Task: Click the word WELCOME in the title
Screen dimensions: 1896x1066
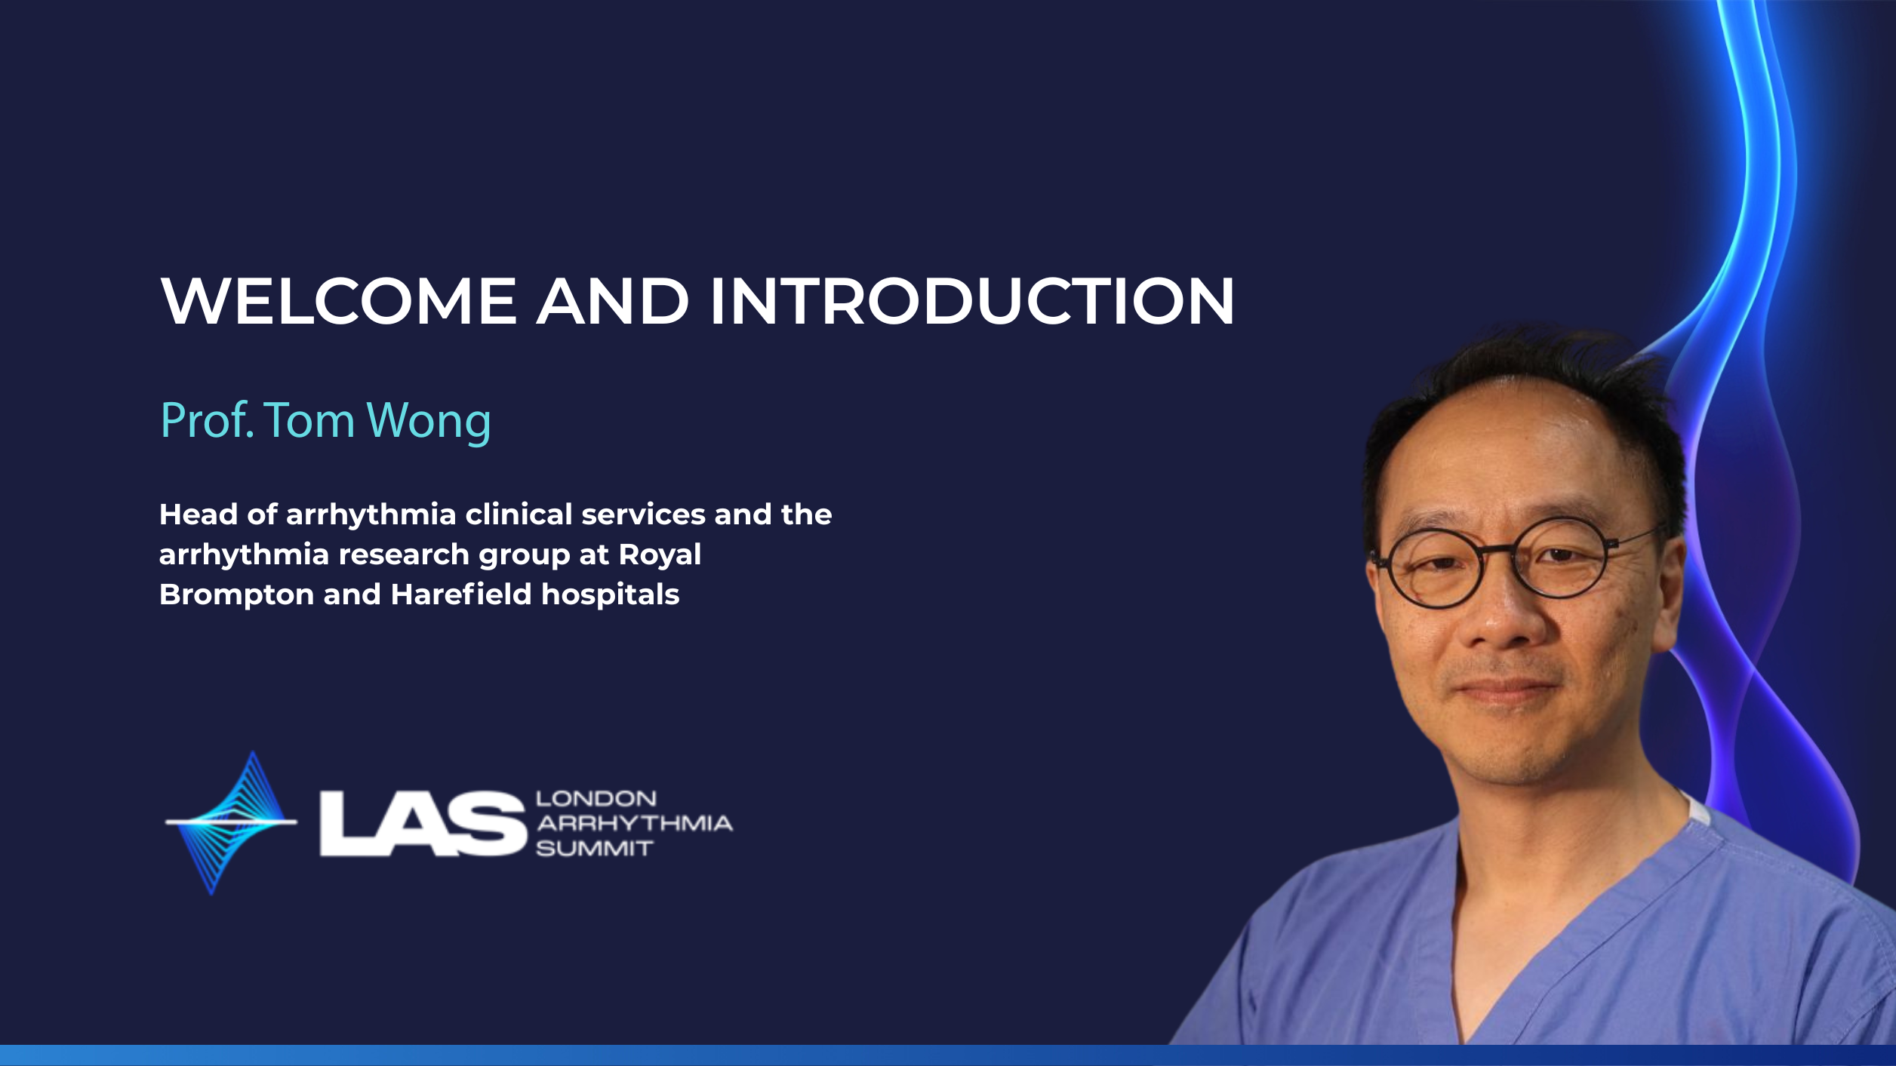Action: pyautogui.click(x=339, y=301)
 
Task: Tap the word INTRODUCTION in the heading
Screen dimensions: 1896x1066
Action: pyautogui.click(x=971, y=301)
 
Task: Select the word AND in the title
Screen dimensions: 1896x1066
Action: pyautogui.click(x=613, y=301)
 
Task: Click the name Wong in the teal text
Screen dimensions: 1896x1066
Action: pyautogui.click(x=428, y=421)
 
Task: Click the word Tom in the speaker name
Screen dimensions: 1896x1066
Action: pyautogui.click(x=309, y=420)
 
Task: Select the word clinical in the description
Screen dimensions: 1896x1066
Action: pyautogui.click(x=519, y=515)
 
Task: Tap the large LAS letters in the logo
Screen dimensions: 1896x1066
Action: pyautogui.click(x=422, y=823)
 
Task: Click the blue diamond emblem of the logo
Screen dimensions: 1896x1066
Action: pyautogui.click(x=231, y=822)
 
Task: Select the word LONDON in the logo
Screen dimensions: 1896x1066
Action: pyautogui.click(x=596, y=798)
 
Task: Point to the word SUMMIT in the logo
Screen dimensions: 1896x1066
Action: pyautogui.click(x=594, y=849)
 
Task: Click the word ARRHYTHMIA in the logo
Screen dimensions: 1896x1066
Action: pyautogui.click(x=634, y=823)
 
